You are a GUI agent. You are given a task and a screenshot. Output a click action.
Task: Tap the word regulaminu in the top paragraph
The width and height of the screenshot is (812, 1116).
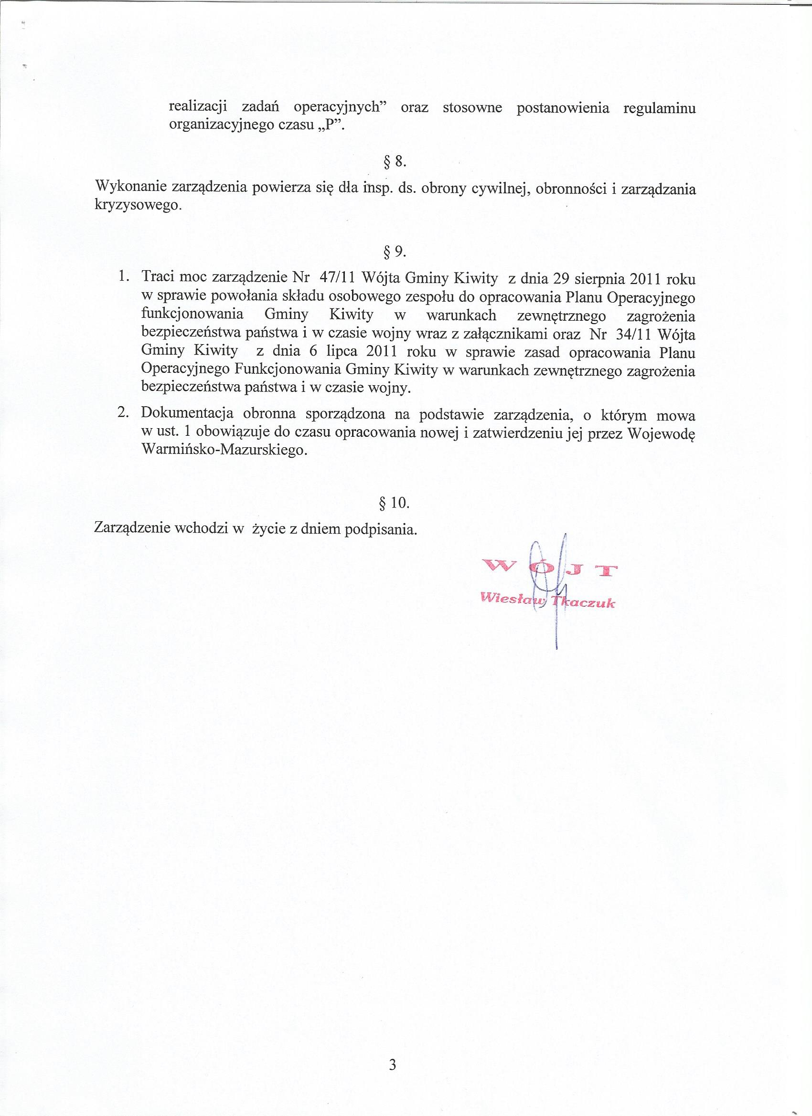pyautogui.click(x=659, y=108)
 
